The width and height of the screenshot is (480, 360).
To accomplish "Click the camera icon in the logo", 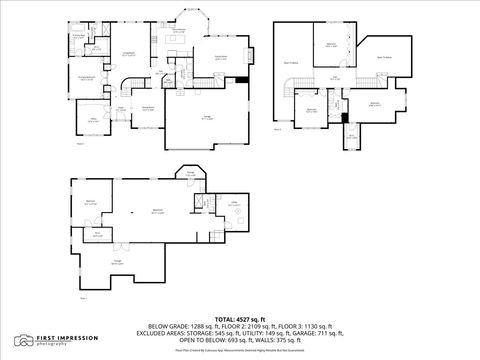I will [x=22, y=340].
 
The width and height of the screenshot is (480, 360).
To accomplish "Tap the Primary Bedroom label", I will [x=87, y=77].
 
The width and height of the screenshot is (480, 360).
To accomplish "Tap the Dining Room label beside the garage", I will [x=147, y=108].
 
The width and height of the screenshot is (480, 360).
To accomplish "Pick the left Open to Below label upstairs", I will [x=295, y=62].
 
